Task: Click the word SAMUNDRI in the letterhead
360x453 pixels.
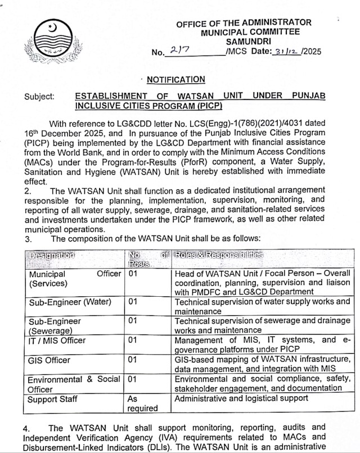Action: (x=244, y=41)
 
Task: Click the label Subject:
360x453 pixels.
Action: (x=39, y=96)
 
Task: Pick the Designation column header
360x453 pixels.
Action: (x=52, y=255)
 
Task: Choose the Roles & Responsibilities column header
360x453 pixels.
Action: (x=219, y=255)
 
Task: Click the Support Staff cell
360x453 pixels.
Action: (x=53, y=398)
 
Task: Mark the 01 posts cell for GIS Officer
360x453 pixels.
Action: (x=133, y=360)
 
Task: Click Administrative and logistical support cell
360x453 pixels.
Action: (x=241, y=398)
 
